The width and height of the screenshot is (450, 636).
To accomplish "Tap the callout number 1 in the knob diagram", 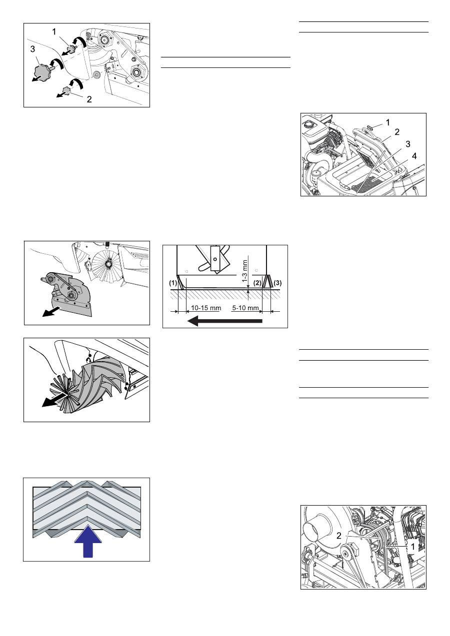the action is [x=54, y=32].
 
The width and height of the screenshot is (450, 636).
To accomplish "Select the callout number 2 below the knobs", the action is [x=89, y=99].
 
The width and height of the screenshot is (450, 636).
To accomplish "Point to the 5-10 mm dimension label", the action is [x=245, y=308].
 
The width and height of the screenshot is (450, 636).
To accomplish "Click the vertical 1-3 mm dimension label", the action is [x=245, y=272].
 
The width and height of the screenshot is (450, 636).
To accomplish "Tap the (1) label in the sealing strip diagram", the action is [x=173, y=283].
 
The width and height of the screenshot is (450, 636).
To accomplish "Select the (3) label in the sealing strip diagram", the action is [x=277, y=283].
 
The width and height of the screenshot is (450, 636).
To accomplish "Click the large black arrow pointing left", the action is [x=224, y=321].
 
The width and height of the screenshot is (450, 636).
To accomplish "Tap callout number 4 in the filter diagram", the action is [x=414, y=156].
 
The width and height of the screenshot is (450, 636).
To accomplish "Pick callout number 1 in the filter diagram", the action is [x=388, y=123].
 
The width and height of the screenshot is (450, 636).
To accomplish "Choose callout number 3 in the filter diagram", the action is [x=408, y=144].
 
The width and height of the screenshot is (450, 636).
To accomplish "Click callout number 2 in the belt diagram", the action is [x=338, y=536].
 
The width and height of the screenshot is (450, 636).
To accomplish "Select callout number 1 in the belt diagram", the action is [x=413, y=546].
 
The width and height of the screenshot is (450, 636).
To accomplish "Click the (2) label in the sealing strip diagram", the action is [x=257, y=283].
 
